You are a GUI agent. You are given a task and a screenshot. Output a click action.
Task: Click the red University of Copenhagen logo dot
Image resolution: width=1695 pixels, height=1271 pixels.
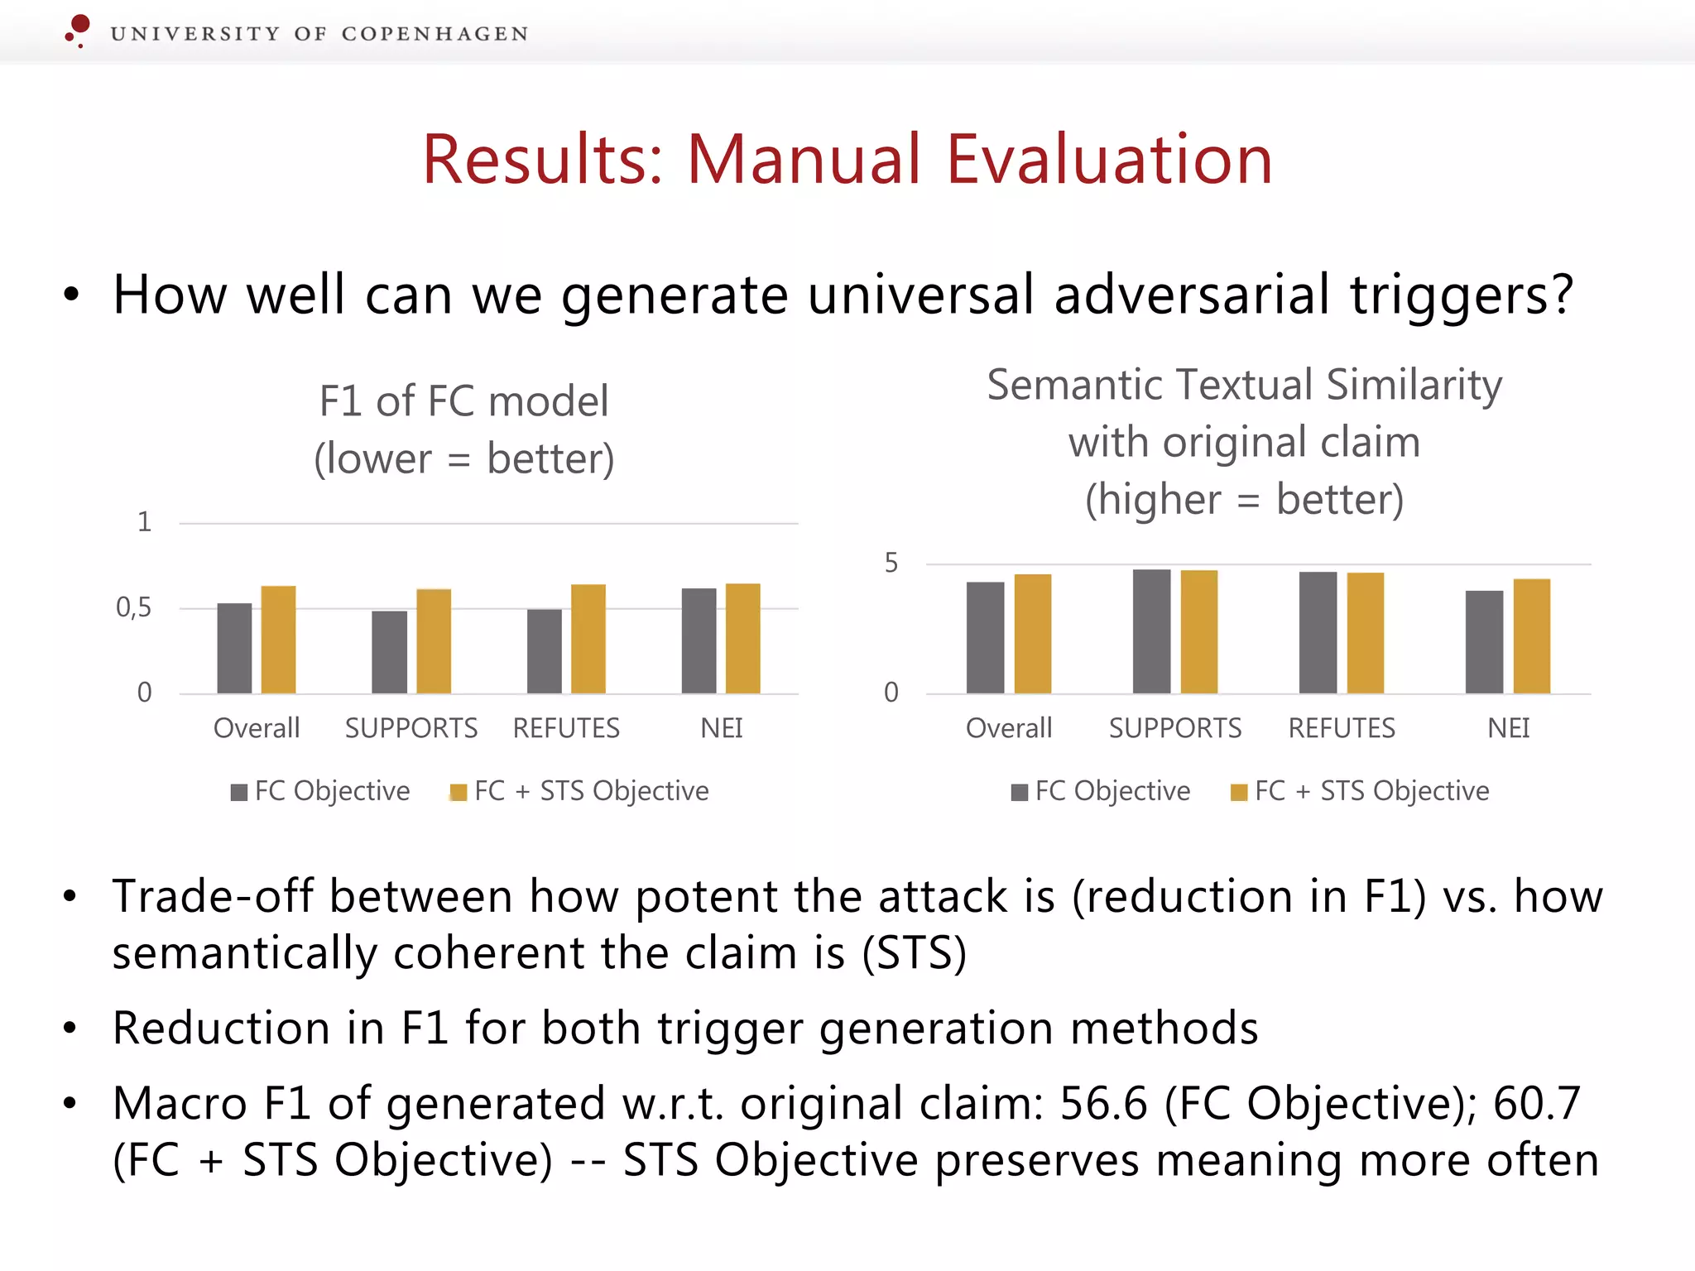point(79,24)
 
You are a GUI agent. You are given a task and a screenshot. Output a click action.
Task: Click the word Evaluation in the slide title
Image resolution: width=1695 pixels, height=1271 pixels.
point(1109,160)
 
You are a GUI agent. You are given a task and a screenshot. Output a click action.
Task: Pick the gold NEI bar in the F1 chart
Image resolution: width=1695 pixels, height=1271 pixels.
point(742,638)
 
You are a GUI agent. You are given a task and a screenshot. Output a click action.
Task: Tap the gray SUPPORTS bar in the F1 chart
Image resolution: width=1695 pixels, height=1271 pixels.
point(389,652)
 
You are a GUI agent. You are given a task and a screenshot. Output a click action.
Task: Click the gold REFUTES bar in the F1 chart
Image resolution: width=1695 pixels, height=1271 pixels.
point(588,639)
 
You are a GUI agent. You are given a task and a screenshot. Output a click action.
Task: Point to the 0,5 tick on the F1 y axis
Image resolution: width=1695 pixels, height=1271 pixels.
point(134,608)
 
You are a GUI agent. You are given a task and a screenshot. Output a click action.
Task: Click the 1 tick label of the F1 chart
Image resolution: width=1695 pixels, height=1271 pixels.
point(144,522)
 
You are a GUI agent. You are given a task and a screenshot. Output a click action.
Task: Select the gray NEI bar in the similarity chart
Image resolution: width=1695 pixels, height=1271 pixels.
point(1484,642)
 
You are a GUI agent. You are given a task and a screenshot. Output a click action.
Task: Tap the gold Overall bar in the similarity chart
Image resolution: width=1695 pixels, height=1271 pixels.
point(1032,634)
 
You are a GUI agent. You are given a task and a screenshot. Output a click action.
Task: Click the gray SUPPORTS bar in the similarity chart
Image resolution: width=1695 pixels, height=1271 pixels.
point(1151,631)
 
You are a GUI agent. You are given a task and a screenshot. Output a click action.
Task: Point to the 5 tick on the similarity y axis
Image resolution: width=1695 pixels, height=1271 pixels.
point(891,564)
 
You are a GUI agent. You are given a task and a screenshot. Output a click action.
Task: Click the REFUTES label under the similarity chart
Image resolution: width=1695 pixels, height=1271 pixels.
point(1342,728)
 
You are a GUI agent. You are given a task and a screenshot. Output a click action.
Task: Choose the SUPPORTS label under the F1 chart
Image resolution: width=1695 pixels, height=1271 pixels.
point(411,728)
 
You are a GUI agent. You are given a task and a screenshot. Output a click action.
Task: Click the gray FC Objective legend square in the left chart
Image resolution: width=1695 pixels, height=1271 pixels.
point(239,793)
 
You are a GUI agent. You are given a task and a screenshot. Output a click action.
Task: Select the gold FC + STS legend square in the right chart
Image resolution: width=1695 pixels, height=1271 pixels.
point(1238,793)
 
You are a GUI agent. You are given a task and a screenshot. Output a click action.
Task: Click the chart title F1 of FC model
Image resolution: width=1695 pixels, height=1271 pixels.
point(463,401)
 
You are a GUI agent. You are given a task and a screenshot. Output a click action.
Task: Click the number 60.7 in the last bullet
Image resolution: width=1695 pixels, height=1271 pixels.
point(1536,1104)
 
